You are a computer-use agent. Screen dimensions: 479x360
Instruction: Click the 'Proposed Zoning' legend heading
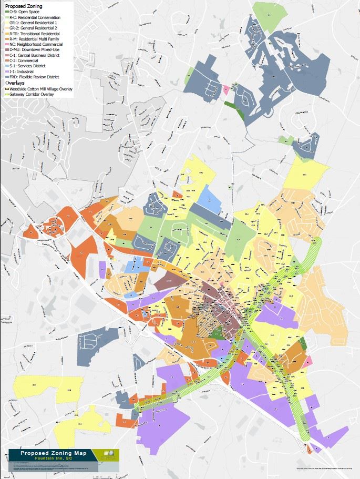(x=24, y=5)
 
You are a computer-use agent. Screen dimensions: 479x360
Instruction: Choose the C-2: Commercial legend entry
(x=26, y=61)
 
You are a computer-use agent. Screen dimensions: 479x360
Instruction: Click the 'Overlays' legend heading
(x=16, y=83)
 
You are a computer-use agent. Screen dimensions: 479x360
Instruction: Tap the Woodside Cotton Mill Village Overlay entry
(x=39, y=89)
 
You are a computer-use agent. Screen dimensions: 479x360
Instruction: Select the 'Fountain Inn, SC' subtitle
(x=53, y=458)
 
